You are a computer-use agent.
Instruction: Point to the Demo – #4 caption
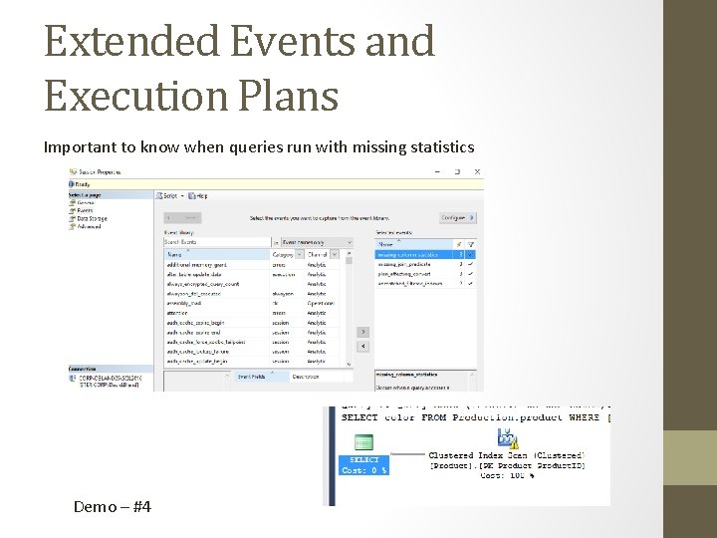click(113, 507)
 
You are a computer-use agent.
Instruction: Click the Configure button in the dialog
click(455, 216)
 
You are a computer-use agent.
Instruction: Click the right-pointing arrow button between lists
click(362, 332)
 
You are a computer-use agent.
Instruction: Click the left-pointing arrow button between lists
click(362, 346)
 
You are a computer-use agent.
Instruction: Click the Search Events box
click(216, 241)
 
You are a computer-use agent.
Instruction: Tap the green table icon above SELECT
click(363, 443)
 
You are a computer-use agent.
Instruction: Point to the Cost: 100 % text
click(508, 476)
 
